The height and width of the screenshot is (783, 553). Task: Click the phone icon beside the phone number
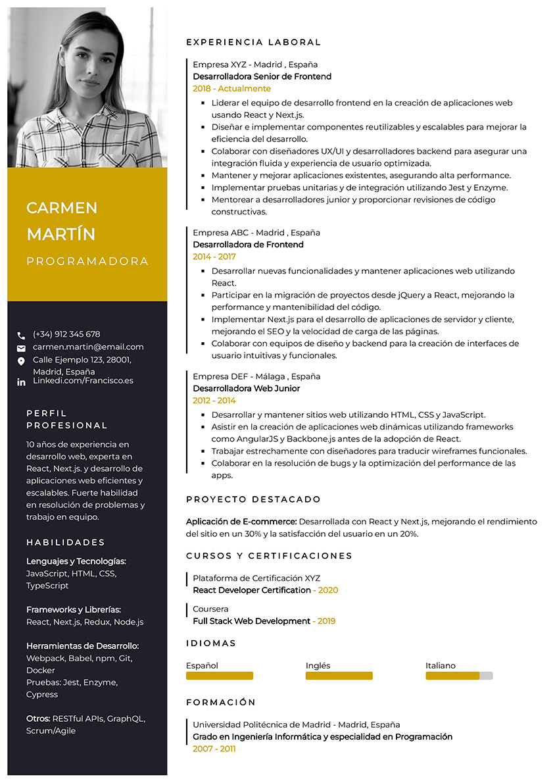click(21, 335)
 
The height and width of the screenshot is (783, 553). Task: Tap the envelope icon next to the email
click(21, 348)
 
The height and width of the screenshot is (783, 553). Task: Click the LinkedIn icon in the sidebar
click(21, 382)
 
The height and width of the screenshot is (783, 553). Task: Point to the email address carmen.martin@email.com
click(88, 347)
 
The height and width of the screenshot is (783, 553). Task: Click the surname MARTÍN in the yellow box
click(60, 234)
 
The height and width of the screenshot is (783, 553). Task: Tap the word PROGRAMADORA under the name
click(87, 261)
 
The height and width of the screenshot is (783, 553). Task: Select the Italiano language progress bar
click(459, 676)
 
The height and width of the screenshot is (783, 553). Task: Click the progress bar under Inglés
click(339, 676)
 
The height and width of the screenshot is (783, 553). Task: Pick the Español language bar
click(220, 676)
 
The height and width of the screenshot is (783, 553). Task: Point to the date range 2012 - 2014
click(214, 401)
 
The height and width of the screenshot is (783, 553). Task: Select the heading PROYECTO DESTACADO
click(253, 499)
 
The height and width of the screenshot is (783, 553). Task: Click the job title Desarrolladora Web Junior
click(246, 388)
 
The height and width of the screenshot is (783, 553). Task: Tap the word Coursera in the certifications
click(210, 609)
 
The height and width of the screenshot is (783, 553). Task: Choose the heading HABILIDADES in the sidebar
click(66, 543)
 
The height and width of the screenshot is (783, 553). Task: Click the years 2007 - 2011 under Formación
click(214, 749)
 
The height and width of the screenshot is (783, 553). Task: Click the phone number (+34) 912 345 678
click(66, 334)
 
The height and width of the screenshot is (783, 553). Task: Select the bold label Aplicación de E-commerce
click(241, 521)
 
